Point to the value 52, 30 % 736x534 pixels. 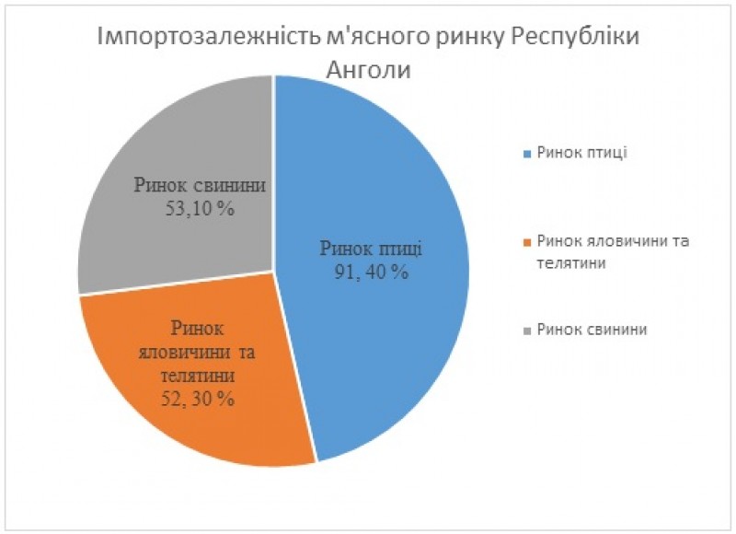point(198,399)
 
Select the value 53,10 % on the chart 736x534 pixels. point(200,208)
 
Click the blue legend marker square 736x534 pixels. point(526,153)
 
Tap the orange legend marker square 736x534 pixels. point(526,242)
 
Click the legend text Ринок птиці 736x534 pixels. point(581,152)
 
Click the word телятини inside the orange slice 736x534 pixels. point(199,377)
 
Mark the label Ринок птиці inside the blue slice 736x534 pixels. point(371,249)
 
